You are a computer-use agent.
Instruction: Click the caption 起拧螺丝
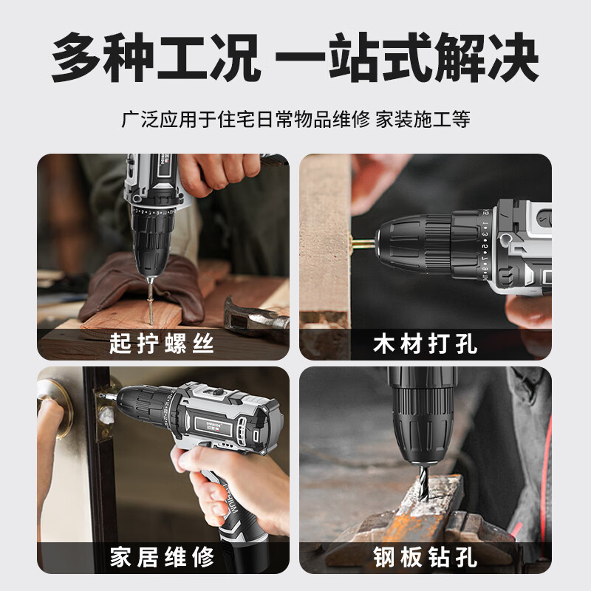[162, 344]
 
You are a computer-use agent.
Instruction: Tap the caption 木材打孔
[426, 344]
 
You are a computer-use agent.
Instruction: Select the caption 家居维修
[162, 557]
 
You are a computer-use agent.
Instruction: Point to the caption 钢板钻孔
[426, 557]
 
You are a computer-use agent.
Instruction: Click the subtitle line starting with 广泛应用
[295, 119]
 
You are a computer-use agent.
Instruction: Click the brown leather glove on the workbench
[141, 287]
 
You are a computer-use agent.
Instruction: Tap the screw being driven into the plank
[151, 301]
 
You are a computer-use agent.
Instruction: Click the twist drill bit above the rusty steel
[424, 482]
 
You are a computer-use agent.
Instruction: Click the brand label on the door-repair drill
[213, 426]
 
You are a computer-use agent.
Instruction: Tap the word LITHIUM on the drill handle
[228, 498]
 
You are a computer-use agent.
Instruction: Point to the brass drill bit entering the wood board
[363, 242]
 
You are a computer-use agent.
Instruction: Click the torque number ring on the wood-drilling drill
[485, 245]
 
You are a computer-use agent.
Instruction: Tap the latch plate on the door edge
[103, 414]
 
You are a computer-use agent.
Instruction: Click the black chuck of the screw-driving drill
[153, 242]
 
